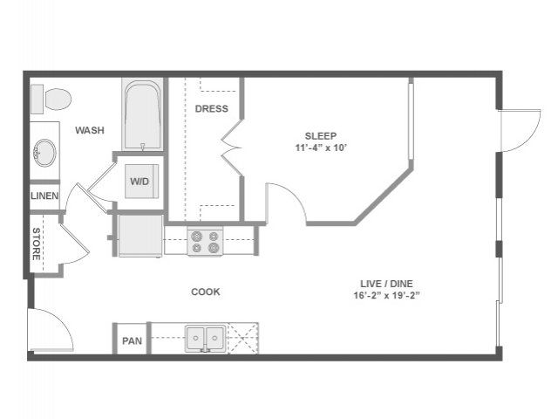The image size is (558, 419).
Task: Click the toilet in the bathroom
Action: pos(51,99)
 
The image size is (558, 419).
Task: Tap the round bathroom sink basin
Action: pos(44,153)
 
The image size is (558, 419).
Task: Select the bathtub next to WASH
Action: pos(142,115)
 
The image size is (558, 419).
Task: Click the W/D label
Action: pos(139,182)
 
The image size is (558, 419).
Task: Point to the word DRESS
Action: pos(211,108)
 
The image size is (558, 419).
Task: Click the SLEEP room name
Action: pos(321,136)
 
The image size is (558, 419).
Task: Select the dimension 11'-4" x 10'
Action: pos(321,148)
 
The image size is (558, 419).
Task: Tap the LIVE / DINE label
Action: pos(386,284)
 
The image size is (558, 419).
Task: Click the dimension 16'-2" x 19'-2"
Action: pos(387,295)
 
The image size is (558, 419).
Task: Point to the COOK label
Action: pos(206,292)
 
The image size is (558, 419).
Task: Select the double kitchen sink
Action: pos(206,339)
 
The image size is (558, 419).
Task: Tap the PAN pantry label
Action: pos(132,341)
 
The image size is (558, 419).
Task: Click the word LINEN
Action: pos(44,196)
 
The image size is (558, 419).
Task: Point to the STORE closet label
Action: pos(37,244)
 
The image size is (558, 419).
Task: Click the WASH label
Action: pos(90,130)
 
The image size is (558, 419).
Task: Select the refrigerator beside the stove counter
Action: pos(140,236)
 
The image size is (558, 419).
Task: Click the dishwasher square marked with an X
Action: pos(243,339)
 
